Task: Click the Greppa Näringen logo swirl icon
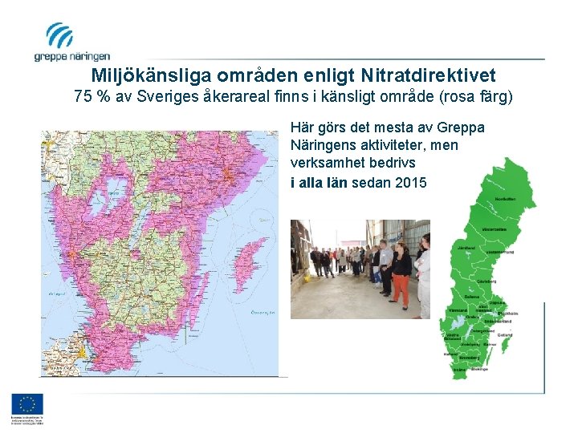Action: [x=59, y=35]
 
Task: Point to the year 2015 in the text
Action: [x=410, y=182]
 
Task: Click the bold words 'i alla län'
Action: [x=319, y=182]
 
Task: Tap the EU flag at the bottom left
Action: [x=27, y=405]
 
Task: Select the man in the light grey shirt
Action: [x=386, y=265]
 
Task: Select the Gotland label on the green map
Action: [x=504, y=334]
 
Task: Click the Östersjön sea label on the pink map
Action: [x=263, y=313]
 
